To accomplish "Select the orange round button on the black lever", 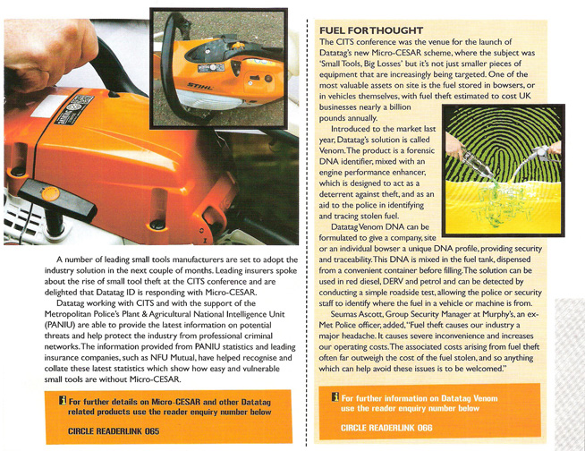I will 51,192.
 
